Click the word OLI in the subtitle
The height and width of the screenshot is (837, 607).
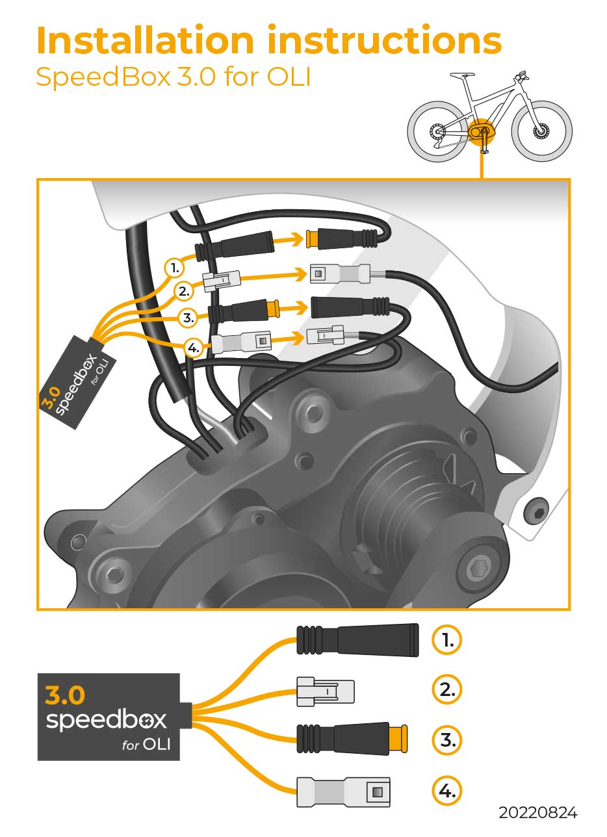289,77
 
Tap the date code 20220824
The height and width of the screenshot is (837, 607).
537,813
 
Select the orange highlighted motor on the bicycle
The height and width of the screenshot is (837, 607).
482,129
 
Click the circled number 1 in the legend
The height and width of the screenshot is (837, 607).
447,640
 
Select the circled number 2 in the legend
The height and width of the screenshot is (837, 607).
447,689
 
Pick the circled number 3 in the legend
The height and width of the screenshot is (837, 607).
447,740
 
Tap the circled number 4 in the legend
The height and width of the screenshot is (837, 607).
447,791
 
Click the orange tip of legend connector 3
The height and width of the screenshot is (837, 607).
398,740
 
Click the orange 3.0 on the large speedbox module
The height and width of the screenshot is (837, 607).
65,696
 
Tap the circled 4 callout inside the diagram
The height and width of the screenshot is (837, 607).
193,348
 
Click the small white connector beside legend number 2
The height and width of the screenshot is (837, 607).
325,691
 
